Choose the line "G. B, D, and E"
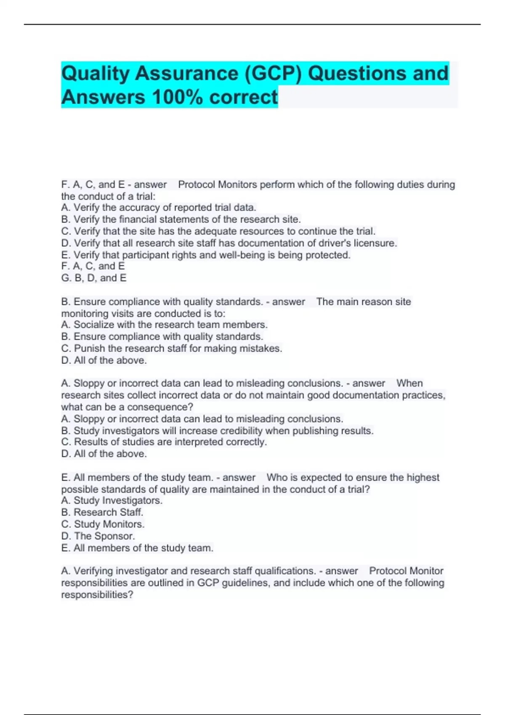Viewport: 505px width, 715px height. [94, 278]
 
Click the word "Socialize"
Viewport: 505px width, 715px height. [94, 325]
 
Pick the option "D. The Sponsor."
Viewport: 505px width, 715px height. [98, 536]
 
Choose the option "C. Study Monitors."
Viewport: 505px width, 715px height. [103, 524]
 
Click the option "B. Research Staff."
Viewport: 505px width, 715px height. [102, 512]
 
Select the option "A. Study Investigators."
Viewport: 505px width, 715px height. [112, 500]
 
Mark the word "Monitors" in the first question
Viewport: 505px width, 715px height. [237, 185]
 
